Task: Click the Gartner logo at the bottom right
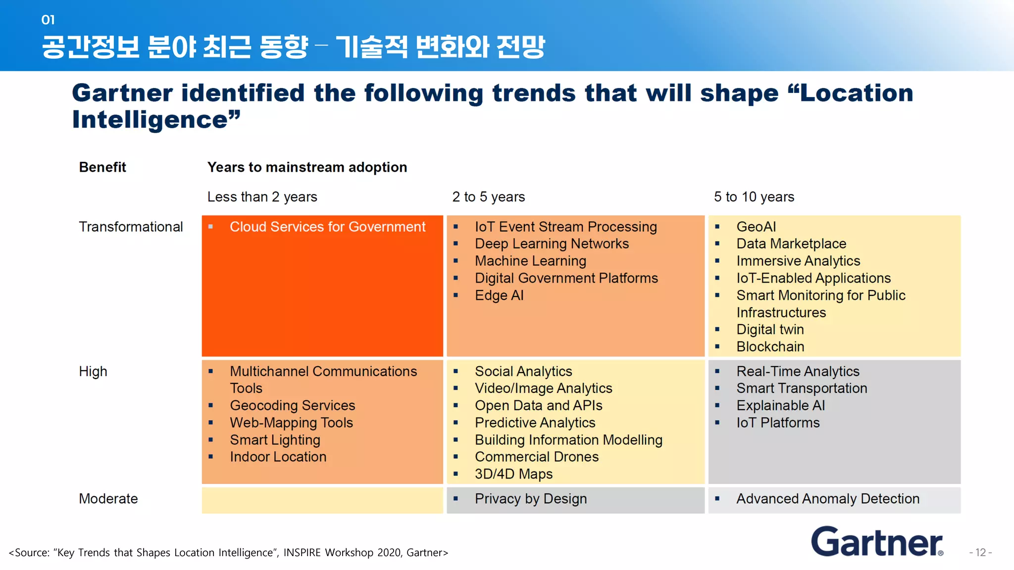pos(876,542)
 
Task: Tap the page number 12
pos(980,553)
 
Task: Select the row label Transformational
pos(131,227)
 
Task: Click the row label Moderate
pos(108,499)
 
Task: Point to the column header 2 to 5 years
pos(488,197)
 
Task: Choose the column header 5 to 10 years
pos(754,197)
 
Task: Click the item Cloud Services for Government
pos(327,227)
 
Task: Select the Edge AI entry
pos(499,295)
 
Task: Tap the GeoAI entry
pos(756,227)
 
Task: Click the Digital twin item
pos(770,330)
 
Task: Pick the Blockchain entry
pos(770,347)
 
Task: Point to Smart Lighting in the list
pos(275,440)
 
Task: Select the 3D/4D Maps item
pos(513,474)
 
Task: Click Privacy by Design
pos(530,499)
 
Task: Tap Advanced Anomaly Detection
pos(827,499)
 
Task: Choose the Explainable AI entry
pos(780,406)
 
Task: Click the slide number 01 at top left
pos(48,20)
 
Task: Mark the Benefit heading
pos(102,167)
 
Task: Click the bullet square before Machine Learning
pos(456,261)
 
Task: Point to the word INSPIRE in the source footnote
pos(302,553)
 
